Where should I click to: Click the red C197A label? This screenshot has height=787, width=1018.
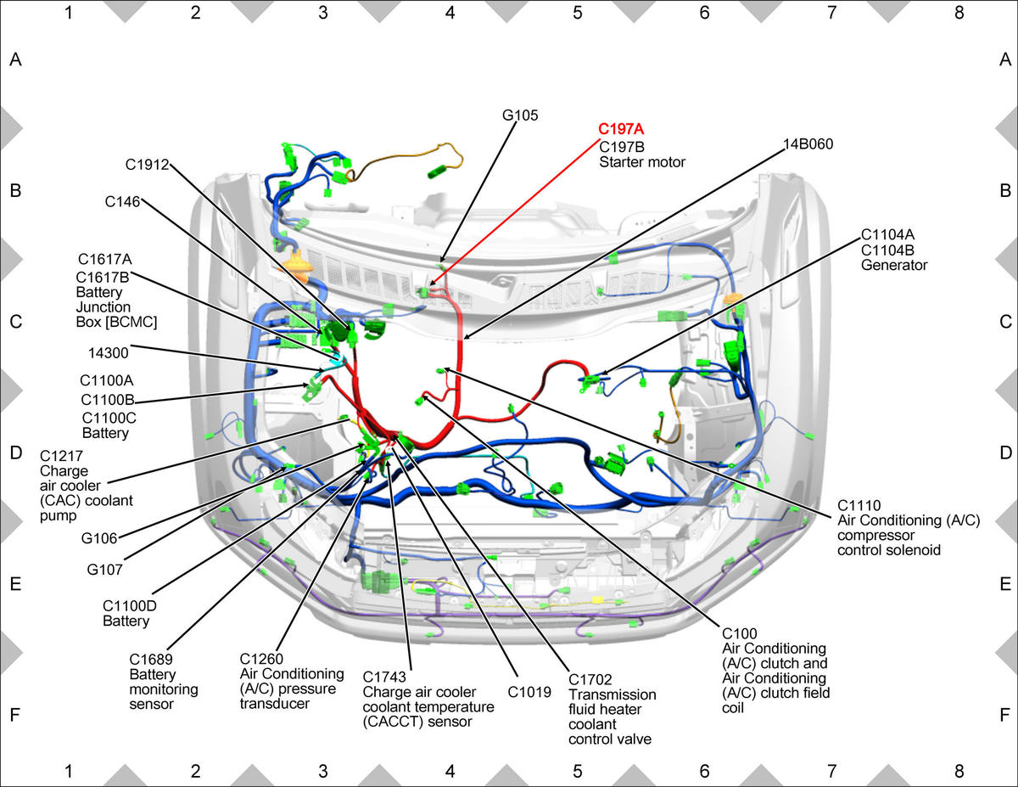coord(621,129)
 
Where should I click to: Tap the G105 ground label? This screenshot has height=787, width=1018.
coord(520,115)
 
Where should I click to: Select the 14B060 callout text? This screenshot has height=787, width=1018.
coord(808,143)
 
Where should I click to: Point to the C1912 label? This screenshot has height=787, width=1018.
coord(147,165)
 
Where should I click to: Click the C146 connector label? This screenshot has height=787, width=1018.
coord(122,201)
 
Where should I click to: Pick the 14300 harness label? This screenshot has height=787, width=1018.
coord(109,353)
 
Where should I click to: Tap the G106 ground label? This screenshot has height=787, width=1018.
coord(99,538)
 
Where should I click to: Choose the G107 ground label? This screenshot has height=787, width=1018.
coord(104,570)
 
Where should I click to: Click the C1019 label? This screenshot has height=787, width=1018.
coord(529,692)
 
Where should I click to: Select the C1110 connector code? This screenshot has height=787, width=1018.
coord(859,505)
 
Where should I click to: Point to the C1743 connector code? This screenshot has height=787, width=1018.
coord(384,677)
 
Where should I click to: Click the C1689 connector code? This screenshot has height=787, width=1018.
coord(151,659)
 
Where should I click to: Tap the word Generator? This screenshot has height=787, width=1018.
coord(894,265)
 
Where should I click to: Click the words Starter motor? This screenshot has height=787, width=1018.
coord(642,162)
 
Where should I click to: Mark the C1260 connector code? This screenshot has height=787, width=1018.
coord(261,659)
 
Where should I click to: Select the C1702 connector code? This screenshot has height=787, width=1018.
coord(590,680)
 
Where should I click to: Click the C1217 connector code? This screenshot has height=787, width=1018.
coord(61,456)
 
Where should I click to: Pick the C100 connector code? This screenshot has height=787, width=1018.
coord(739,633)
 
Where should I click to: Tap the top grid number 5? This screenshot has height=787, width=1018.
coord(577,13)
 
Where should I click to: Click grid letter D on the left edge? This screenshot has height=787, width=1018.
coord(16,453)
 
